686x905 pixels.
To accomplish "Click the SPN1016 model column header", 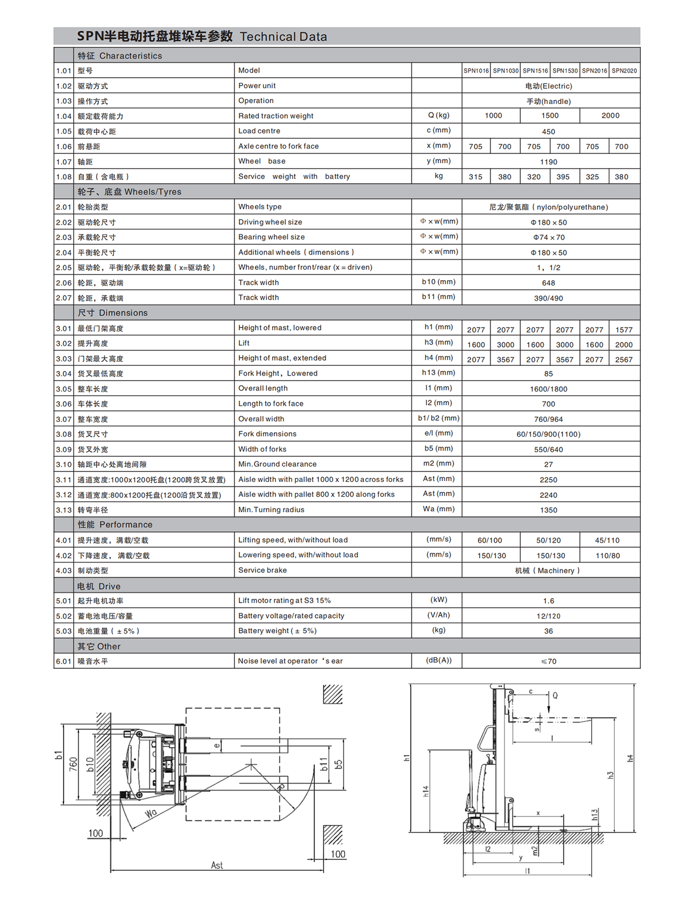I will coord(476,71).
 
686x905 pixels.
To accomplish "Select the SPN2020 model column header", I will coord(624,71).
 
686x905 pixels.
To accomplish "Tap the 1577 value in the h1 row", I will coord(624,330).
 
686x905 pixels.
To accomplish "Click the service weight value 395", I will coord(563,177).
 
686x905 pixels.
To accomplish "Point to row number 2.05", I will coord(64,268).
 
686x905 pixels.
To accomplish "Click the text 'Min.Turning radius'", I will coord(271,510).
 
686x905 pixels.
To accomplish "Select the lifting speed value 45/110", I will coord(607,540).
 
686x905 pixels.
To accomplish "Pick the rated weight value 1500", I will coord(550,115).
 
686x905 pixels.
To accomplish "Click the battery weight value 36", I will coord(548,631).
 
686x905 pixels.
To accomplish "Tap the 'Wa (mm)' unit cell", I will coord(438,509).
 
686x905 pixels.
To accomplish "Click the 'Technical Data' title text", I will coord(284,37).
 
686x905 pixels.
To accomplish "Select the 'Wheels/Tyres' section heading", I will coord(153,192).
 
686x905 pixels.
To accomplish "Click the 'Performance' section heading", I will coord(126,525).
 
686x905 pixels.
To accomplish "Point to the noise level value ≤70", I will coord(548,661).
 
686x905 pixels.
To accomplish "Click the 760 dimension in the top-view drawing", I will coord(73,764).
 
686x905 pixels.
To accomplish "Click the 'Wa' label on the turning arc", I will coord(151,814).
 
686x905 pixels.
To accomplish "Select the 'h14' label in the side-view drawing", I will coord(426,791).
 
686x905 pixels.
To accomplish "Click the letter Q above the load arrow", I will coord(555,696).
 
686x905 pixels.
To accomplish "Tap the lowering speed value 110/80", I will coord(608,556).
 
